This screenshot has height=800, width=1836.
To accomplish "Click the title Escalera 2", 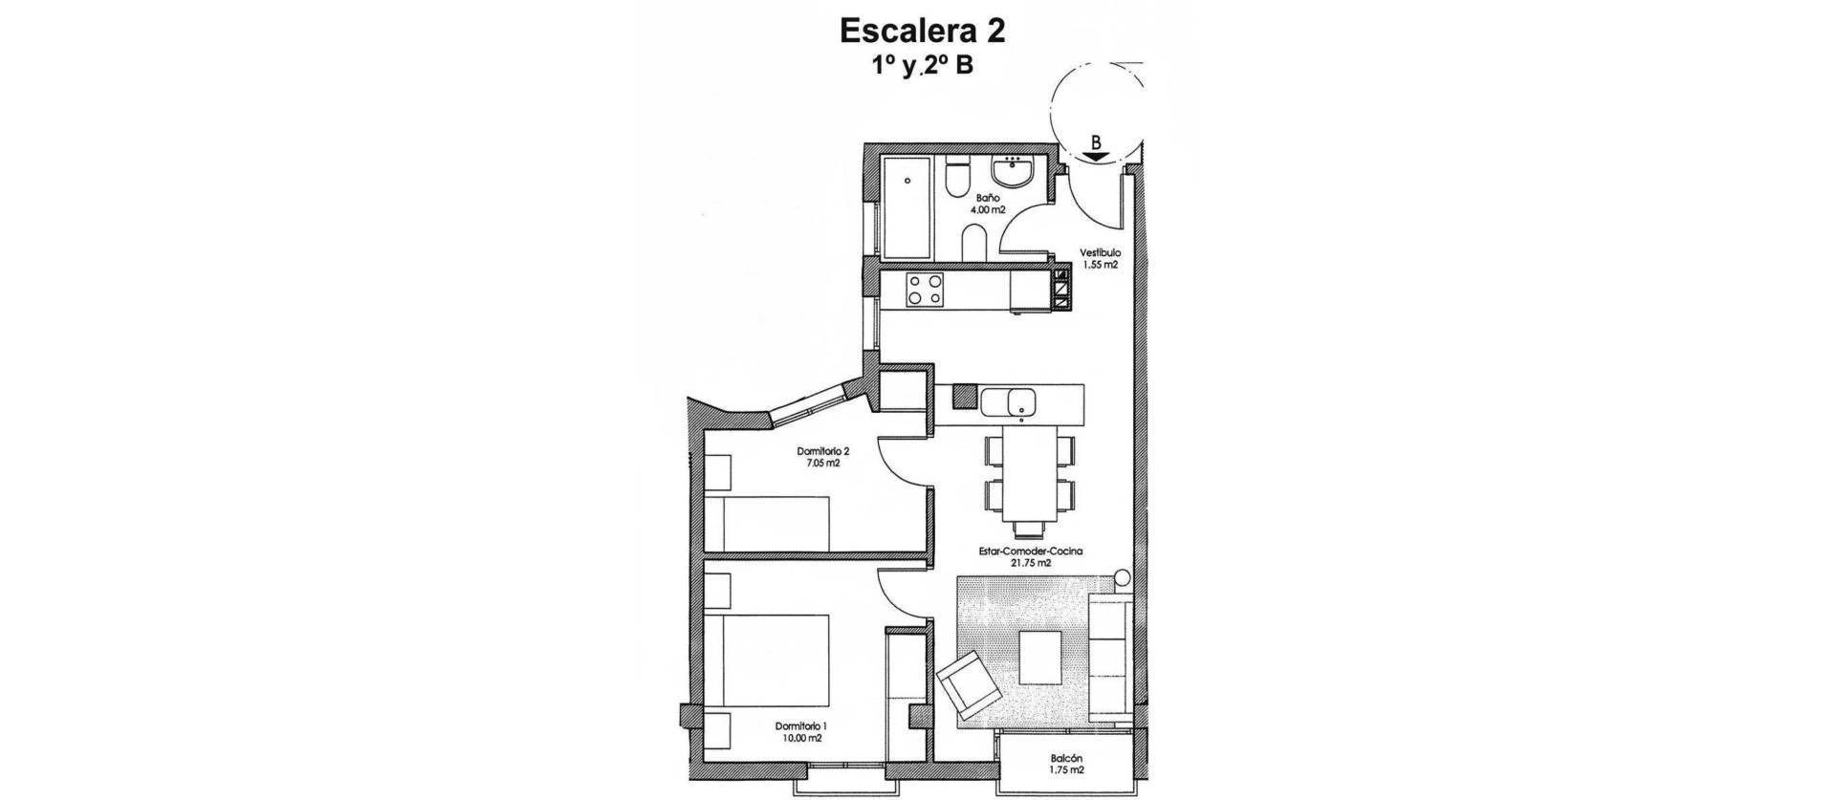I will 922,31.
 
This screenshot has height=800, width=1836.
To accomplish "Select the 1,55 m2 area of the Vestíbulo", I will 1100,266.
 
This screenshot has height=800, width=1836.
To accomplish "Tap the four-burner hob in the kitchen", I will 256,290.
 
